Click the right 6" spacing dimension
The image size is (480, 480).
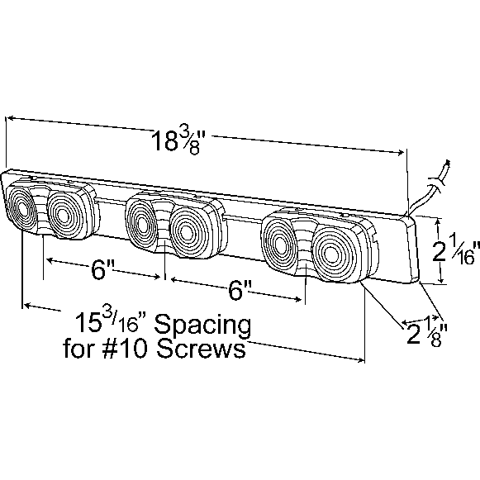pos(240,291)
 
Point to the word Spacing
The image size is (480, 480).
pos(202,326)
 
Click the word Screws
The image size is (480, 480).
pos(201,349)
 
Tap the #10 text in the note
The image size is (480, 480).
pos(126,349)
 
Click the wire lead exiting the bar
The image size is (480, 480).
pos(430,187)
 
